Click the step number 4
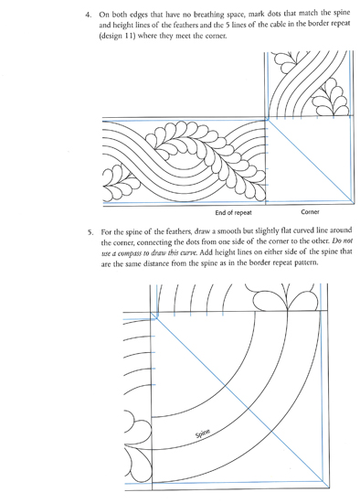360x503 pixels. (87, 15)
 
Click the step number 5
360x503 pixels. (90, 232)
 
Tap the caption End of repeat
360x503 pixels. (233, 213)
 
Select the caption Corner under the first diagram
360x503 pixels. (310, 212)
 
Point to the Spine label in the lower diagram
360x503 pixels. (203, 433)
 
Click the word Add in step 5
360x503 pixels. (206, 252)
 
